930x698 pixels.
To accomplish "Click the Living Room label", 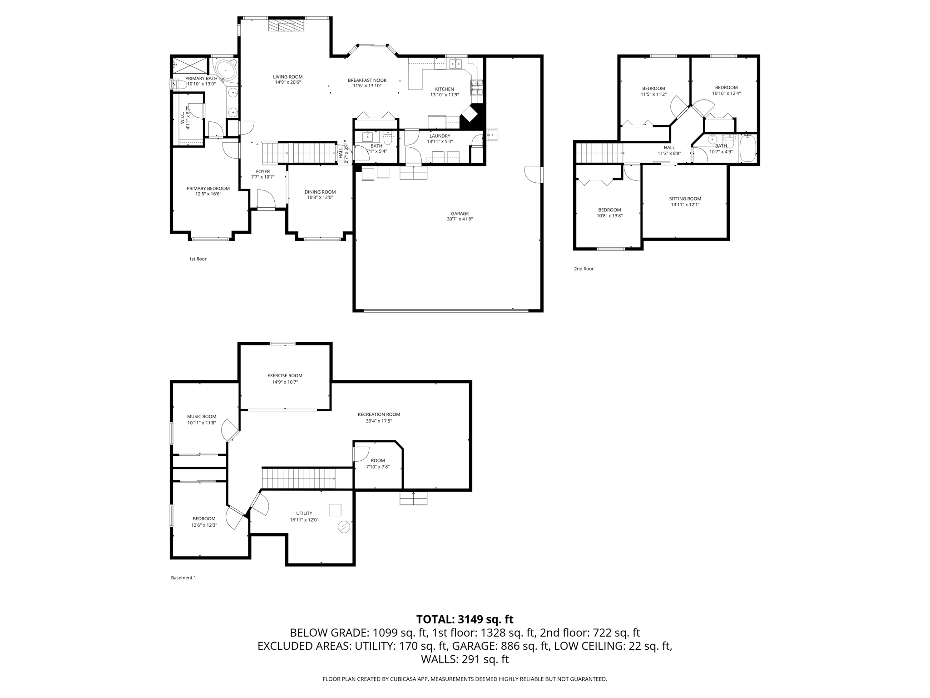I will click(x=287, y=77).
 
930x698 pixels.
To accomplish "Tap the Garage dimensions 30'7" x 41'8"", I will click(x=460, y=219).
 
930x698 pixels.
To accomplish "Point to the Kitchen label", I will click(x=444, y=89).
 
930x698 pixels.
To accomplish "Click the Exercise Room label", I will click(x=285, y=375).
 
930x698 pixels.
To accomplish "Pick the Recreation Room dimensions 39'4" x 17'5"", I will click(x=379, y=421).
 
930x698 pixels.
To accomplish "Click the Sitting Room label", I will click(x=685, y=199).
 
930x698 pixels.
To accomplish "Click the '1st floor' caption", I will click(x=198, y=259).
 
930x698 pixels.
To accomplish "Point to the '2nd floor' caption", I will click(x=584, y=269).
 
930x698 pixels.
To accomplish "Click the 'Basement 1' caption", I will click(x=183, y=578).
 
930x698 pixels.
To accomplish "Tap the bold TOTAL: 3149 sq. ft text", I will click(x=465, y=619).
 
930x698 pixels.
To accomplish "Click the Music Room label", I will click(x=202, y=416).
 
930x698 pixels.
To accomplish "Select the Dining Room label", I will click(x=320, y=192).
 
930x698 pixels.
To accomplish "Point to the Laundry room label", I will click(x=440, y=136).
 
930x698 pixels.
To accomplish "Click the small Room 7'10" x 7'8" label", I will click(x=377, y=460).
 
